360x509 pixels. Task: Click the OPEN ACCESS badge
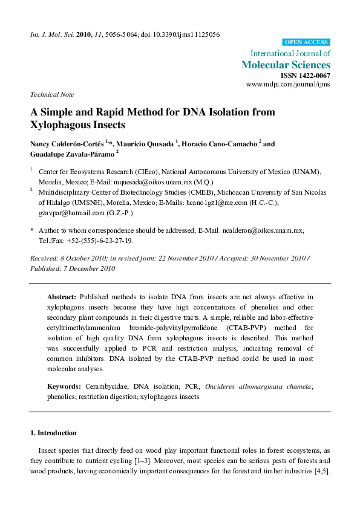[x=306, y=42]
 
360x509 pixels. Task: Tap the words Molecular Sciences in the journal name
[x=286, y=65]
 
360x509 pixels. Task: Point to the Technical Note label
[x=52, y=94]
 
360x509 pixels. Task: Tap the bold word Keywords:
[x=64, y=386]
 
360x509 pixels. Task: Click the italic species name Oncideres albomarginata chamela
[x=267, y=386]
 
